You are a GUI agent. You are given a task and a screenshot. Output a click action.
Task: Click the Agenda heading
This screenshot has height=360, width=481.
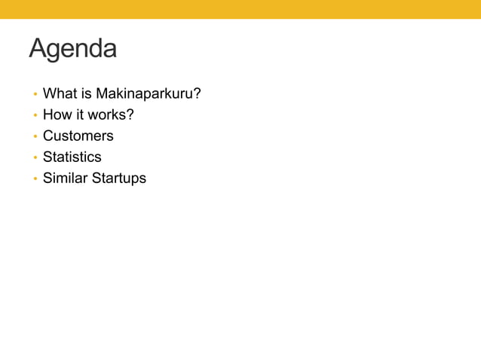point(73,49)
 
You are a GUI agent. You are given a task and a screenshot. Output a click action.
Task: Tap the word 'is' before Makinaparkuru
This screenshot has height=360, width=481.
point(87,93)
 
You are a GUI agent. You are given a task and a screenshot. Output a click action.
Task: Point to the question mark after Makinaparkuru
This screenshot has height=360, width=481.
point(197,93)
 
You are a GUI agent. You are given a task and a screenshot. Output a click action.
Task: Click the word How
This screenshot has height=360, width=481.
point(57,114)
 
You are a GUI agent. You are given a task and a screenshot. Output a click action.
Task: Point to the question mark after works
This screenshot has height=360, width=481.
point(130,114)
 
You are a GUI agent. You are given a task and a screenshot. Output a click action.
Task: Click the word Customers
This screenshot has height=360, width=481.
point(78,136)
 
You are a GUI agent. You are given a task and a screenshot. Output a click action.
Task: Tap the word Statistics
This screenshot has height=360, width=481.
point(72,157)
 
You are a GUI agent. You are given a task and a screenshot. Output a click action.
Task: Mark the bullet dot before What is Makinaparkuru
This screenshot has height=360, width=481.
point(34,95)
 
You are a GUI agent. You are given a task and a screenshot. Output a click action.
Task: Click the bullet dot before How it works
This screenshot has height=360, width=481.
point(34,116)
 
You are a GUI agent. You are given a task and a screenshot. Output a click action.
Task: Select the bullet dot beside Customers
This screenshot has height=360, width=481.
point(34,137)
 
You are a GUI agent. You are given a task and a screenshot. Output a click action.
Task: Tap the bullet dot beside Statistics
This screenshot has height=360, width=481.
point(34,158)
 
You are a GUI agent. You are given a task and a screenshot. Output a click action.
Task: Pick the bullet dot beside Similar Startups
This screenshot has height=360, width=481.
point(34,179)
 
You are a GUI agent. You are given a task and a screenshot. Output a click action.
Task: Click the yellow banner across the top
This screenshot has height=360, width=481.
point(240,9)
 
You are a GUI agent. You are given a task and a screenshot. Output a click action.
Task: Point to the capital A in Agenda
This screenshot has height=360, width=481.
point(38,48)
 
